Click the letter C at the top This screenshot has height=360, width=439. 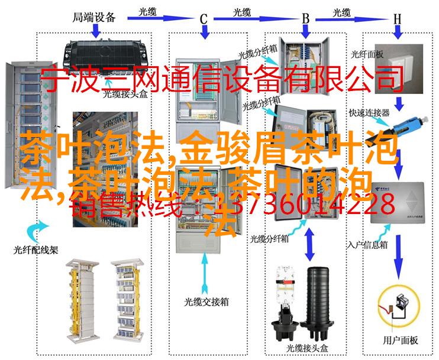203,18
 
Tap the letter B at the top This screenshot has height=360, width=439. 306,18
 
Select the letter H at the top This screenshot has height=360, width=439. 398,18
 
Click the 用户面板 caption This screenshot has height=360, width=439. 400,340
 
